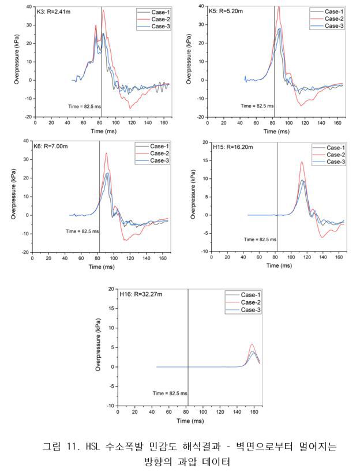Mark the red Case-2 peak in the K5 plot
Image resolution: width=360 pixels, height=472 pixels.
(279, 7)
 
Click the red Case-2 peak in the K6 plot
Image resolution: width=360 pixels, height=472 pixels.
(106, 153)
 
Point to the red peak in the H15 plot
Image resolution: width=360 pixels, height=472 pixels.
(302, 162)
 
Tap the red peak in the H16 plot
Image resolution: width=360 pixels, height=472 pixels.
(252, 344)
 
